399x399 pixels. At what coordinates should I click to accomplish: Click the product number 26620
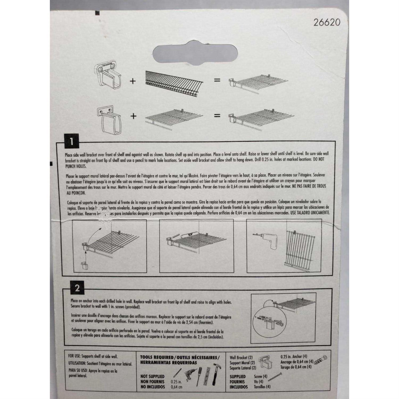tap(327, 22)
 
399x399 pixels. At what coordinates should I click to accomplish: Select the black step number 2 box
tap(77, 288)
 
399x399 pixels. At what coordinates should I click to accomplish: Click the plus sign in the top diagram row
tap(132, 81)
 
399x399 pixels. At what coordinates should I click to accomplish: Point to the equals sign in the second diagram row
tap(217, 116)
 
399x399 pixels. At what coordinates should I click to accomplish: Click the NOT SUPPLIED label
tap(152, 376)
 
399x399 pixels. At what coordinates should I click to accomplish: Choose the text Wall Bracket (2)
tap(241, 358)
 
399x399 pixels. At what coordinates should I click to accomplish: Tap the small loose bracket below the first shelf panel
tap(85, 266)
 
